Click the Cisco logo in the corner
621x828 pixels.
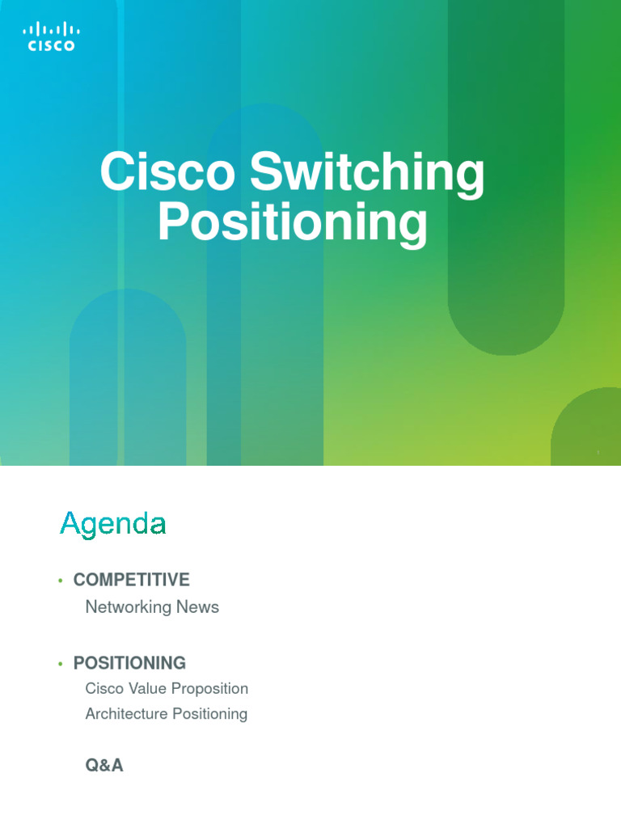point(51,37)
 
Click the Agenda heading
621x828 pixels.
point(113,525)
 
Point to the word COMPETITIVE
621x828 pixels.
point(131,580)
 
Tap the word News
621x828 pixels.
point(199,606)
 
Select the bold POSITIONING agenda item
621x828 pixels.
point(129,663)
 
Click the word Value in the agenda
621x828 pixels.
point(148,689)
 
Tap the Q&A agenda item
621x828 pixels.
point(104,765)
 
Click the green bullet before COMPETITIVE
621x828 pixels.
point(60,581)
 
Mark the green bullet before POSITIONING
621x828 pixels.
point(60,664)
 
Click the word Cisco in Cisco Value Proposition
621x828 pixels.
point(103,689)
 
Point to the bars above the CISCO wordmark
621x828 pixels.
point(51,30)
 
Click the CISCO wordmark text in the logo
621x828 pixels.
point(51,46)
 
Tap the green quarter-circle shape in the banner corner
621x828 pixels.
point(589,429)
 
